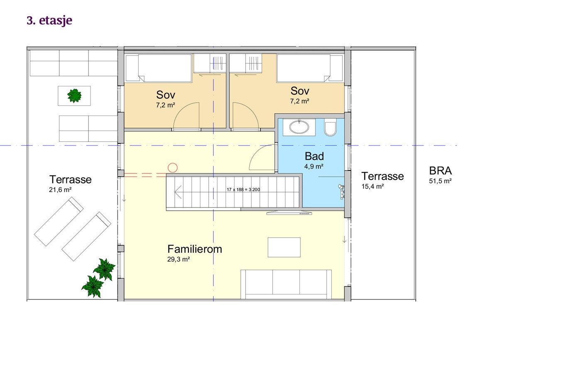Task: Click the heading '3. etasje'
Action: pyautogui.click(x=49, y=21)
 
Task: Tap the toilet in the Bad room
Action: pyautogui.click(x=330, y=127)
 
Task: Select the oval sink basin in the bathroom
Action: pyautogui.click(x=299, y=127)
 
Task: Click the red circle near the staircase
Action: pyautogui.click(x=173, y=168)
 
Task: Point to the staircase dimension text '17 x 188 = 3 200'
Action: pyautogui.click(x=243, y=190)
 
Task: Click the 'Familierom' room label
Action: pyautogui.click(x=195, y=249)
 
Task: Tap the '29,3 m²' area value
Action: pyautogui.click(x=178, y=259)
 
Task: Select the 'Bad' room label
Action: pyautogui.click(x=314, y=156)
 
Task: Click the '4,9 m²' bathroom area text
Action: pyautogui.click(x=314, y=166)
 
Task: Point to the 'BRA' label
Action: pyautogui.click(x=440, y=171)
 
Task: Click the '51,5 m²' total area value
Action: pyautogui.click(x=440, y=181)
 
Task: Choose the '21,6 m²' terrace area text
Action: pyautogui.click(x=60, y=190)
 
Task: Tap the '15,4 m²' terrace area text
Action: pyautogui.click(x=373, y=186)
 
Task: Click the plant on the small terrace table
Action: pyautogui.click(x=74, y=96)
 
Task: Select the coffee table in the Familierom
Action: pyautogui.click(x=284, y=247)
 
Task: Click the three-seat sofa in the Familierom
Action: pyautogui.click(x=286, y=285)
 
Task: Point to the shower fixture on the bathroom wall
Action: pyautogui.click(x=341, y=192)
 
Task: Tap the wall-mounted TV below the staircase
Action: pyautogui.click(x=289, y=213)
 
